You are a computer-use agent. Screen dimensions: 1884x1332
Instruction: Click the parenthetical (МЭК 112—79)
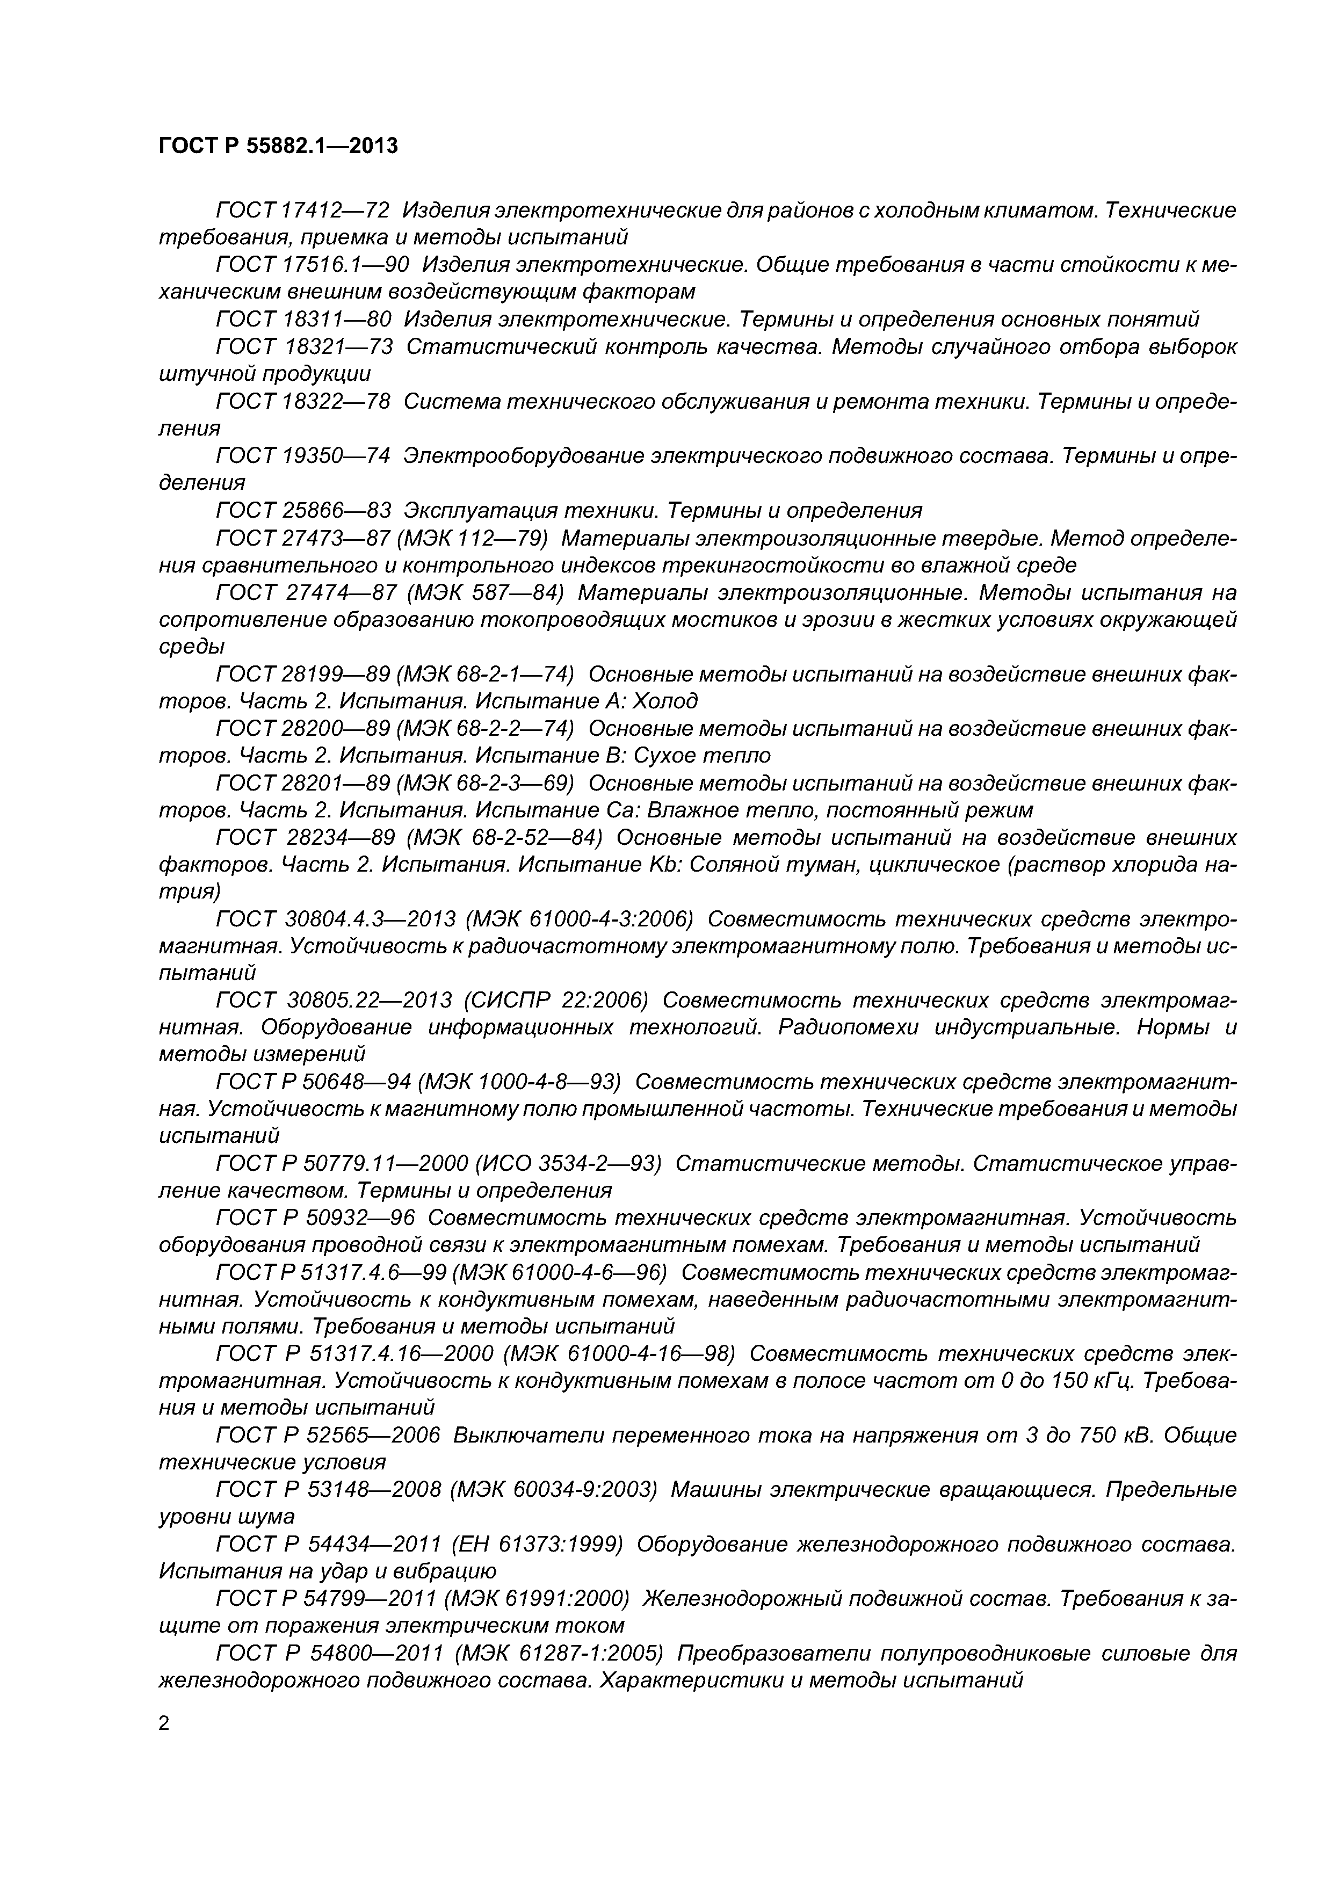tap(474, 538)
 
